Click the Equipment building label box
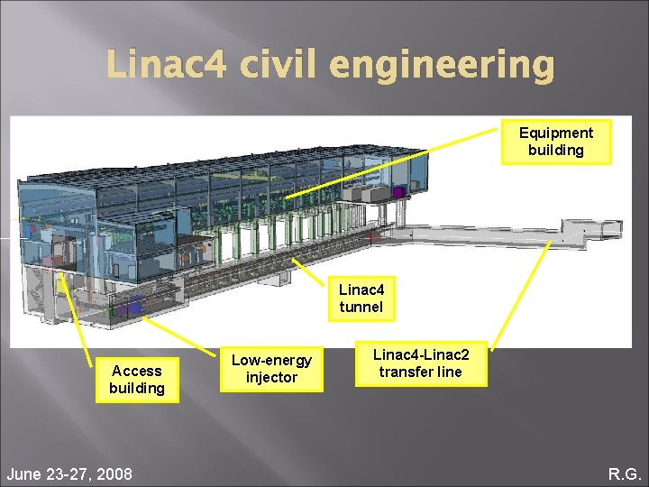point(556,142)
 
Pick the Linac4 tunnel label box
point(361,299)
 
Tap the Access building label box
point(137,380)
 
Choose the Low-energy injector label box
point(271,369)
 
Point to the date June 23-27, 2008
point(69,473)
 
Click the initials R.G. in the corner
point(624,473)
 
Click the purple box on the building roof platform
point(398,192)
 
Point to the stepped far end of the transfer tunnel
point(590,229)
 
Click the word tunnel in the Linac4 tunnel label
point(361,307)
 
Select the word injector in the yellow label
point(271,377)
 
